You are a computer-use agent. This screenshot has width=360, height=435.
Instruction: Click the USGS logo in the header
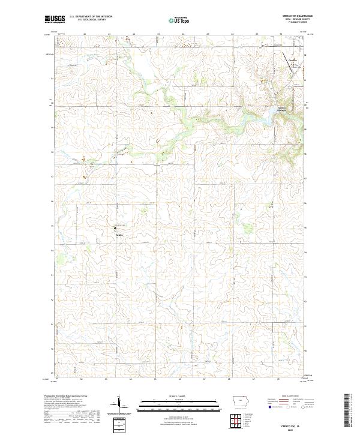click(x=55, y=19)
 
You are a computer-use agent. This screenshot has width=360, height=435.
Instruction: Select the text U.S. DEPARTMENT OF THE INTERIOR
click(x=91, y=16)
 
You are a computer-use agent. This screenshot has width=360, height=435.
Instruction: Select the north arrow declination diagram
click(x=120, y=403)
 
